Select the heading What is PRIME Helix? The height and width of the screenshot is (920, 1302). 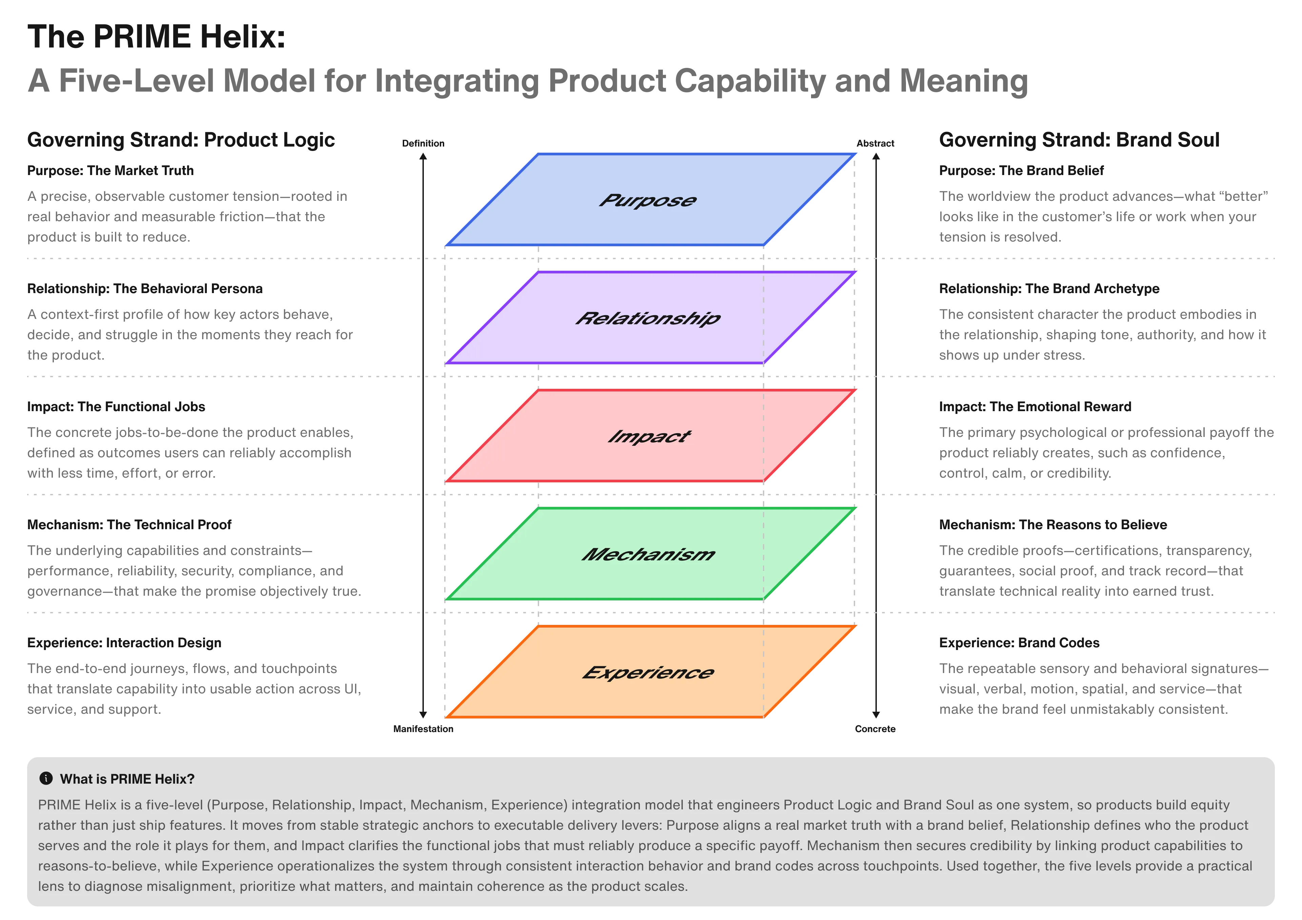coord(127,779)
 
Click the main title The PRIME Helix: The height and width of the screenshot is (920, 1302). coord(156,36)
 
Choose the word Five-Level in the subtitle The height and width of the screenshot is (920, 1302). coord(136,81)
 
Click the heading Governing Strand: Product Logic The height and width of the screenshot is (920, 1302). coord(181,139)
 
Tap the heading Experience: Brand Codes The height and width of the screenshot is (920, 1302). coord(1019,642)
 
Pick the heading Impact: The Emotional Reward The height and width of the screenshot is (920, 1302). coord(1034,406)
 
